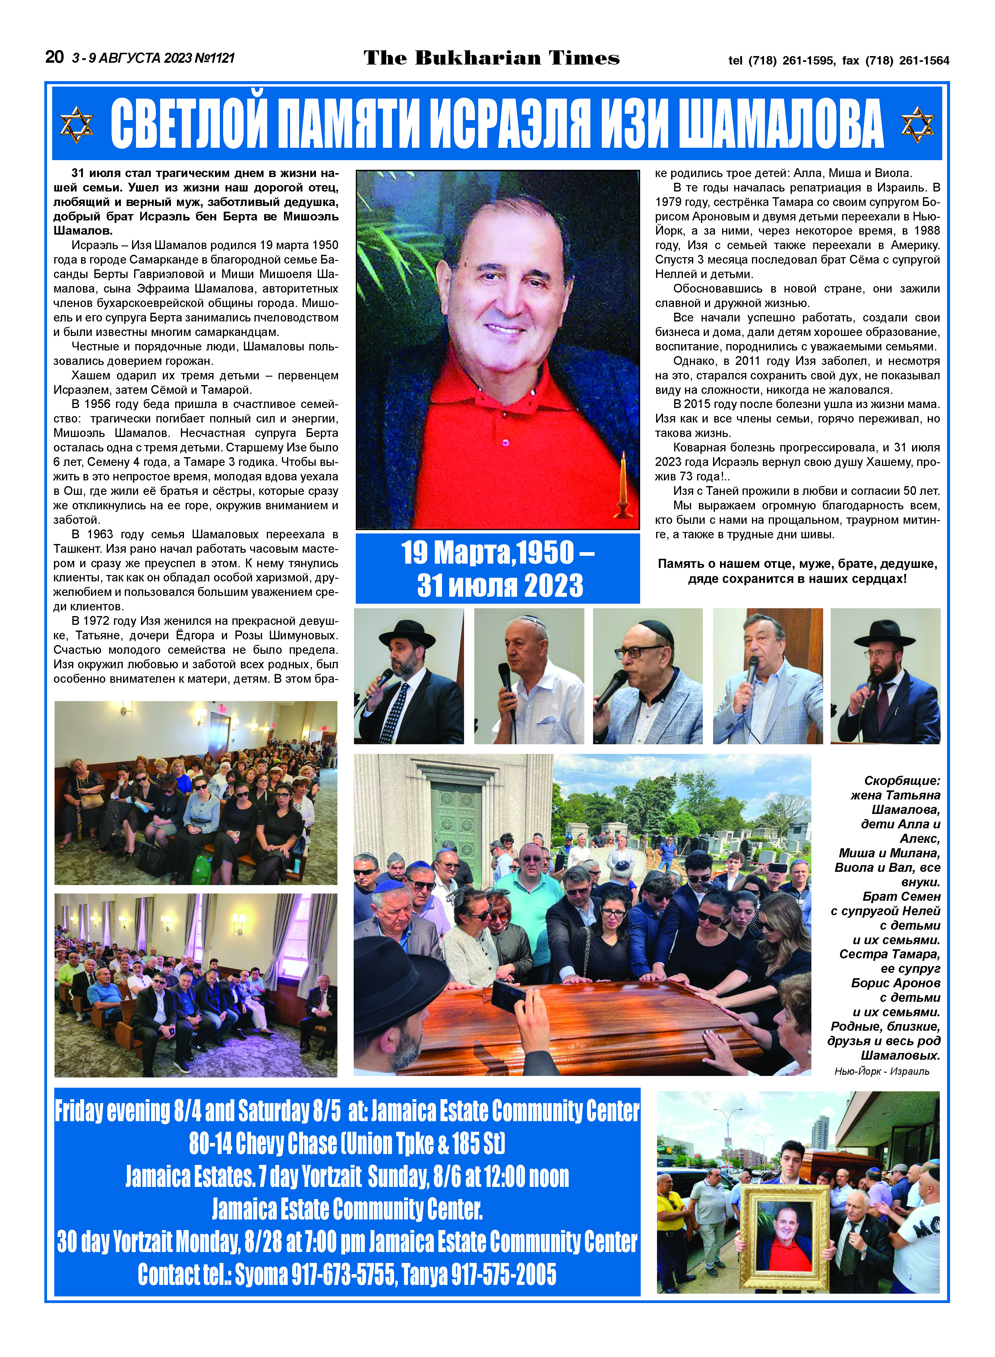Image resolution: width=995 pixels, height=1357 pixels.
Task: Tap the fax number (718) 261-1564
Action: click(907, 60)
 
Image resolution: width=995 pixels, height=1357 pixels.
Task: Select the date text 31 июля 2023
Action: click(500, 585)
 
